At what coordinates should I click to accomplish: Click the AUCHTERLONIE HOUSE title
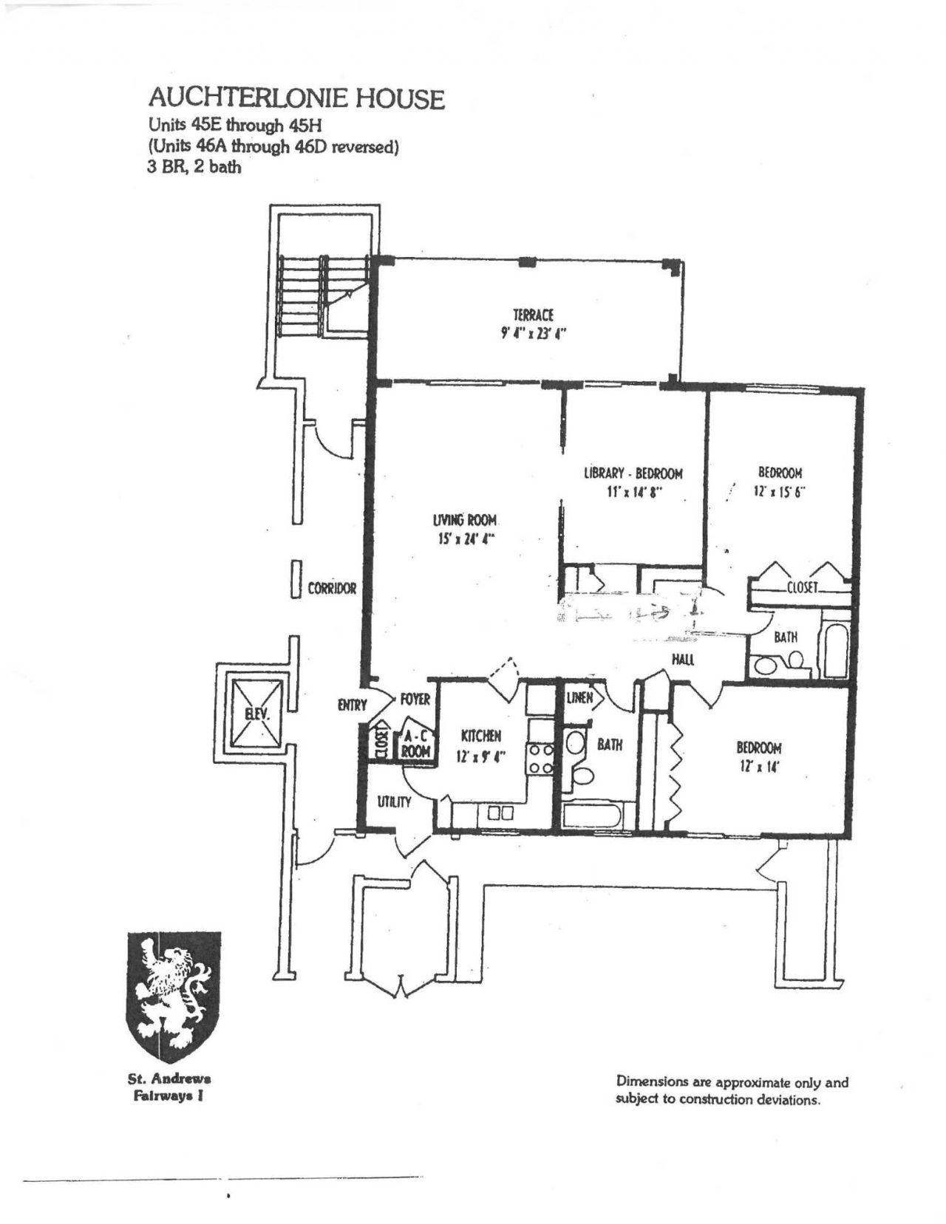(296, 98)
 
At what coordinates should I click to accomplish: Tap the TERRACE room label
(533, 315)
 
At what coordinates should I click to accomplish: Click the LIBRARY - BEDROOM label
(633, 473)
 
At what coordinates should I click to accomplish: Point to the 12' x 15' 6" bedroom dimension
(780, 490)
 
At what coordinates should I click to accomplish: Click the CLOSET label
(802, 588)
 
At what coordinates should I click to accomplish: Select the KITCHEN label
(481, 736)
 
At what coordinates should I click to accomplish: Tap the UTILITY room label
(394, 801)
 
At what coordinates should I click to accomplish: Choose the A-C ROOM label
(415, 743)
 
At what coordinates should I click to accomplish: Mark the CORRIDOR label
(332, 589)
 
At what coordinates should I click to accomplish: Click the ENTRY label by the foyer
(352, 705)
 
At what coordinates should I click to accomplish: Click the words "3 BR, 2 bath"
(195, 166)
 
